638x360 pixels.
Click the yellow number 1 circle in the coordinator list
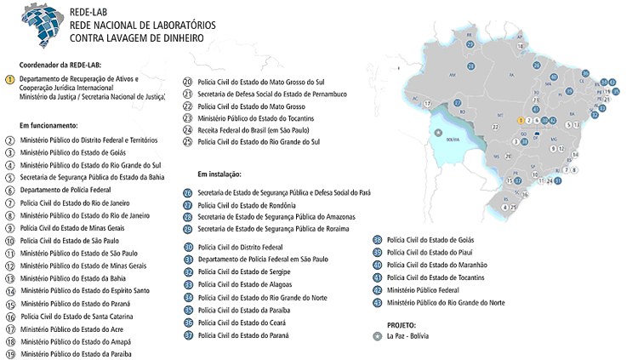tap(9, 79)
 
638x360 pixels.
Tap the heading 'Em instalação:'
tap(220, 173)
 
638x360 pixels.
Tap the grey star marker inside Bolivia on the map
tap(439, 133)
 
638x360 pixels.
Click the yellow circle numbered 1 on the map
tap(521, 121)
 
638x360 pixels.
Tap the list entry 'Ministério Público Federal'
tap(425, 289)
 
